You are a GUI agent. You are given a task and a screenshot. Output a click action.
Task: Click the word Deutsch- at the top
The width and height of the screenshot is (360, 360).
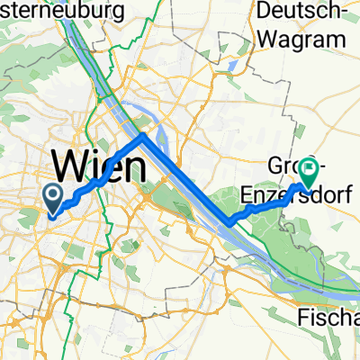click(301, 12)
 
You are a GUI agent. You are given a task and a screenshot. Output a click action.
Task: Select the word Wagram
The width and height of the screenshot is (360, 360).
click(301, 40)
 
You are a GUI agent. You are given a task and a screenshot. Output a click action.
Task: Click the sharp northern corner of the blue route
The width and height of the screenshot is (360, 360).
click(142, 136)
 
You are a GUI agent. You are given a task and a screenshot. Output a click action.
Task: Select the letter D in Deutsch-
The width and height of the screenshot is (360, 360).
click(263, 12)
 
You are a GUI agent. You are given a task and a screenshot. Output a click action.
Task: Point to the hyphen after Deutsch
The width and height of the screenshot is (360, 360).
click(343, 13)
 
